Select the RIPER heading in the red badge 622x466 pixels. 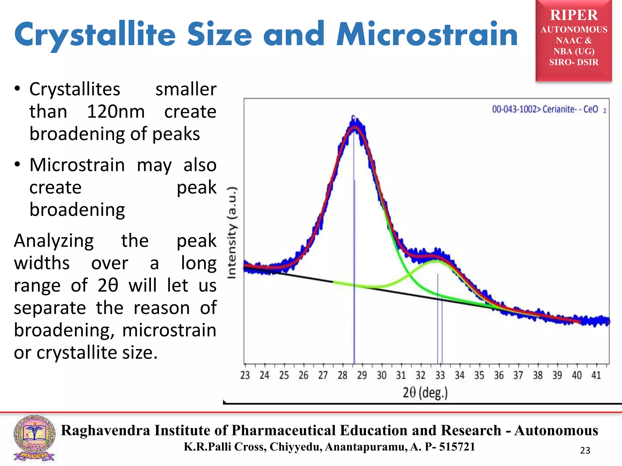coord(574,15)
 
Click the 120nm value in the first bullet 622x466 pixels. coord(116,112)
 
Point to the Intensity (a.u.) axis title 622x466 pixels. coord(232,233)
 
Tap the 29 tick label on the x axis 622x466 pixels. coord(362,376)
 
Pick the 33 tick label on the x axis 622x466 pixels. coord(440,376)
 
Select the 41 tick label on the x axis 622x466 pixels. coord(596,376)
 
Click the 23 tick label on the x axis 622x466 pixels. coord(245,376)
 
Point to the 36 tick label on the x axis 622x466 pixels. coord(499,376)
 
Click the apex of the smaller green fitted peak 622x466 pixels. coord(436,261)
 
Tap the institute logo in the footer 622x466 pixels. coord(34,438)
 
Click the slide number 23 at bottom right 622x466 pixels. coord(585,451)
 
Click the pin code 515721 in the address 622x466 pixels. coord(457,447)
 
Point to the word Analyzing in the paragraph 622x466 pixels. coord(54,241)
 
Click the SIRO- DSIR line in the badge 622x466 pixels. coord(574,62)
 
